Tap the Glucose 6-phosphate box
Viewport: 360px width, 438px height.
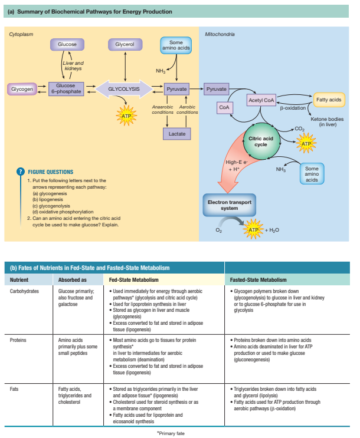coord(65,89)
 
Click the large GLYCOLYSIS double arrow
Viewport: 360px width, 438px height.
coord(125,89)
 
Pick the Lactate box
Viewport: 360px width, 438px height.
coord(176,134)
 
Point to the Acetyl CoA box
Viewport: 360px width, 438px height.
coord(261,101)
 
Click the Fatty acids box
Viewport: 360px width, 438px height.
coord(329,100)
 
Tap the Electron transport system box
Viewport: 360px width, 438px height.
coord(230,205)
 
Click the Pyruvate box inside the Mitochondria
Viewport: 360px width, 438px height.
coord(216,89)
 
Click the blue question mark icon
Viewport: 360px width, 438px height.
coord(21,172)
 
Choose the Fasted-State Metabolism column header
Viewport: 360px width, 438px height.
coord(258,279)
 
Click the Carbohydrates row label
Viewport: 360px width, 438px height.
coord(25,291)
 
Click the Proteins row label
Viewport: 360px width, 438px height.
coord(19,341)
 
